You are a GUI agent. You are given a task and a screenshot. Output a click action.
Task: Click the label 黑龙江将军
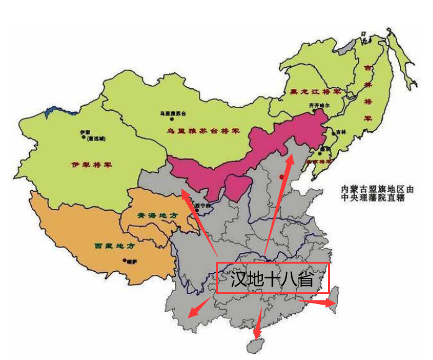[316, 92]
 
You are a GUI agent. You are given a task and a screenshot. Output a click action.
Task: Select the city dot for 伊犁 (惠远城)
[82, 135]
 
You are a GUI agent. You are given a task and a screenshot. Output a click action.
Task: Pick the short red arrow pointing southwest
[199, 307]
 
